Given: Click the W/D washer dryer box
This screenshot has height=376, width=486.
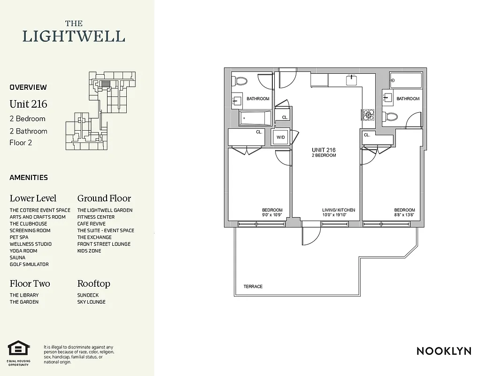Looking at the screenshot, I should (281, 137).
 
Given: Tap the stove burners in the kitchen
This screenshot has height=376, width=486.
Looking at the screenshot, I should (367, 114).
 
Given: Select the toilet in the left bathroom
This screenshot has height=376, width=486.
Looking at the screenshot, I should (241, 81).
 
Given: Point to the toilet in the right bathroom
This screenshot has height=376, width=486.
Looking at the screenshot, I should (391, 116).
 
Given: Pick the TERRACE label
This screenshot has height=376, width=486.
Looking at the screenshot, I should (253, 286).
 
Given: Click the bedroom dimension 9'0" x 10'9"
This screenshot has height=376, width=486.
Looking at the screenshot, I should (272, 215).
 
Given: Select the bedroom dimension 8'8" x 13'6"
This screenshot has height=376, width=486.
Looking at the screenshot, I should (404, 215).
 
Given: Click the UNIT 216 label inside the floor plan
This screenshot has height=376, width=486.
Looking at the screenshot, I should (324, 150).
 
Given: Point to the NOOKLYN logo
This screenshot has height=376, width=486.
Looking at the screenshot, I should (444, 351).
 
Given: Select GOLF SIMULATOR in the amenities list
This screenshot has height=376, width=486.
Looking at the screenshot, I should (29, 264).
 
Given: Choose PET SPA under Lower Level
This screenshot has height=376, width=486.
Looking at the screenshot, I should (19, 237).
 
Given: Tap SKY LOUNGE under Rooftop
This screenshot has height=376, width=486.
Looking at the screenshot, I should (92, 302).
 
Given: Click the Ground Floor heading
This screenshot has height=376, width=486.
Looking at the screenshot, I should (104, 198).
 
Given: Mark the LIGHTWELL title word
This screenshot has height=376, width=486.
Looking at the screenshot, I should (74, 36).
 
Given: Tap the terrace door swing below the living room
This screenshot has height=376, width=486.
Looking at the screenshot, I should (310, 235).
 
